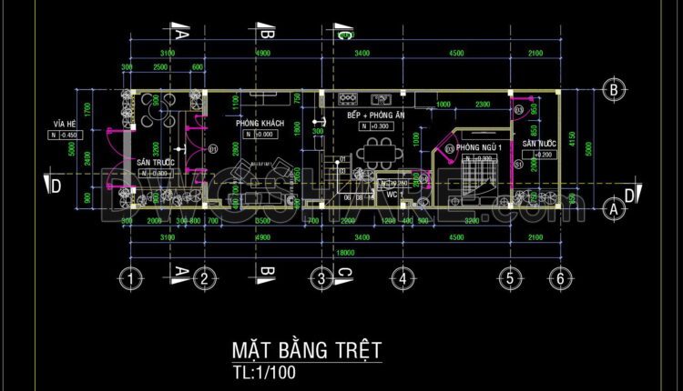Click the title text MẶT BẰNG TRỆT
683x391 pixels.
coord(306,351)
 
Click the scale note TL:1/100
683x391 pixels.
coord(264,372)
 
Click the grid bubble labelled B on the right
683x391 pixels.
coord(614,90)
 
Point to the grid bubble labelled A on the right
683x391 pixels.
coord(614,208)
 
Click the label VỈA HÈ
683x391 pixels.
coord(63,124)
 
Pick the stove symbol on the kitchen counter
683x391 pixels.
coord(348,95)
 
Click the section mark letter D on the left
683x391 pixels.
coord(56,186)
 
